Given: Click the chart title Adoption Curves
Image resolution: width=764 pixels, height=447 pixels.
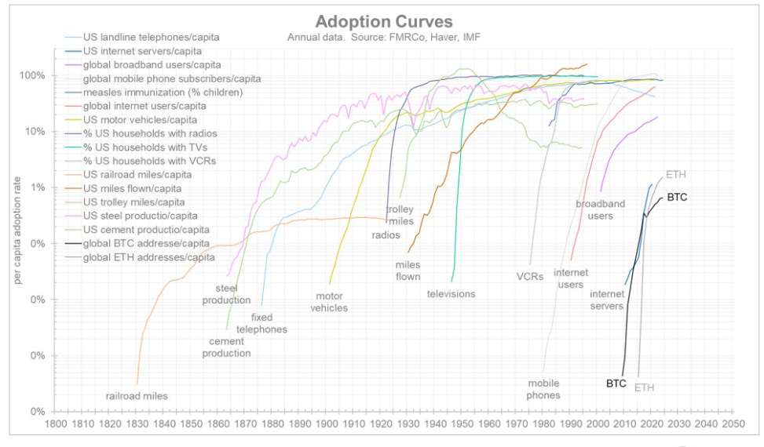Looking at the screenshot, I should (x=384, y=21).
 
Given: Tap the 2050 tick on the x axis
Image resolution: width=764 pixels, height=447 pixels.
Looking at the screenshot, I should (x=733, y=423).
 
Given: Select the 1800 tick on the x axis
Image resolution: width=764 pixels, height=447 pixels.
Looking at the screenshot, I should (x=55, y=423).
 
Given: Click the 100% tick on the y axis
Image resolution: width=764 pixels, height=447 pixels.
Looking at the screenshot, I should (x=35, y=75).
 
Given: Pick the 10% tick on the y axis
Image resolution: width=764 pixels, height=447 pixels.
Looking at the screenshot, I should (x=37, y=131).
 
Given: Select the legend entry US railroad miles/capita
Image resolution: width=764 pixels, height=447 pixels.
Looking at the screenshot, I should (x=138, y=174).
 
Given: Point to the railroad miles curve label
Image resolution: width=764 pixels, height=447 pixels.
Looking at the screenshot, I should (x=137, y=396).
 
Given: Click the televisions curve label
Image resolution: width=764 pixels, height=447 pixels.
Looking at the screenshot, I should (x=451, y=294).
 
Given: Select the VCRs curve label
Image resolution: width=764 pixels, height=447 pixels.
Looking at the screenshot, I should (x=530, y=276).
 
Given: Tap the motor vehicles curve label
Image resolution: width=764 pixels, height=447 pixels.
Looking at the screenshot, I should (x=331, y=302).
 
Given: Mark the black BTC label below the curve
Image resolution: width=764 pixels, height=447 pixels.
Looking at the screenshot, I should (x=616, y=383).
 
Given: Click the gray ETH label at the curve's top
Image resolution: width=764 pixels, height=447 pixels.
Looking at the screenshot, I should (x=675, y=173).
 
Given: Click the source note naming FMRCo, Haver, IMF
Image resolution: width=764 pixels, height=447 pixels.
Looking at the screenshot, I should (x=383, y=37).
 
